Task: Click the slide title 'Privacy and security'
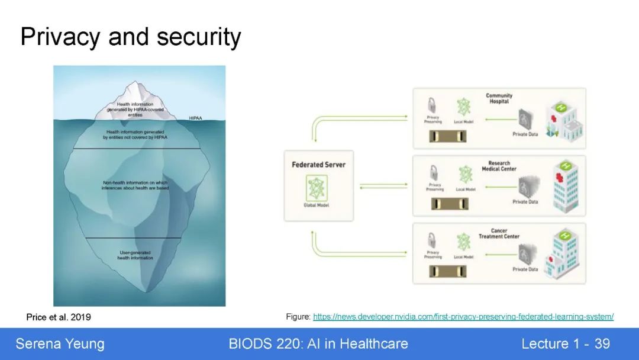(x=131, y=37)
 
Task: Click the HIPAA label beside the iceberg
(x=196, y=118)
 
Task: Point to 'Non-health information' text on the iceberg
(x=135, y=185)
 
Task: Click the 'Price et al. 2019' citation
(x=59, y=317)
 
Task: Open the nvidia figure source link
(x=463, y=317)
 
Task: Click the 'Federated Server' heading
(x=318, y=164)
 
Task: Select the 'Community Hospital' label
(x=499, y=98)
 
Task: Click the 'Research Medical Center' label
(x=499, y=166)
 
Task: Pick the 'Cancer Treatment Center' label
(x=499, y=233)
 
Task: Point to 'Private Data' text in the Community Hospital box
(x=525, y=134)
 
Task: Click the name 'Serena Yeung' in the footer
(x=60, y=344)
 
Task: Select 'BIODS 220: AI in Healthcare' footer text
(x=318, y=344)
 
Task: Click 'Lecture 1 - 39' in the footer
(x=565, y=344)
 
